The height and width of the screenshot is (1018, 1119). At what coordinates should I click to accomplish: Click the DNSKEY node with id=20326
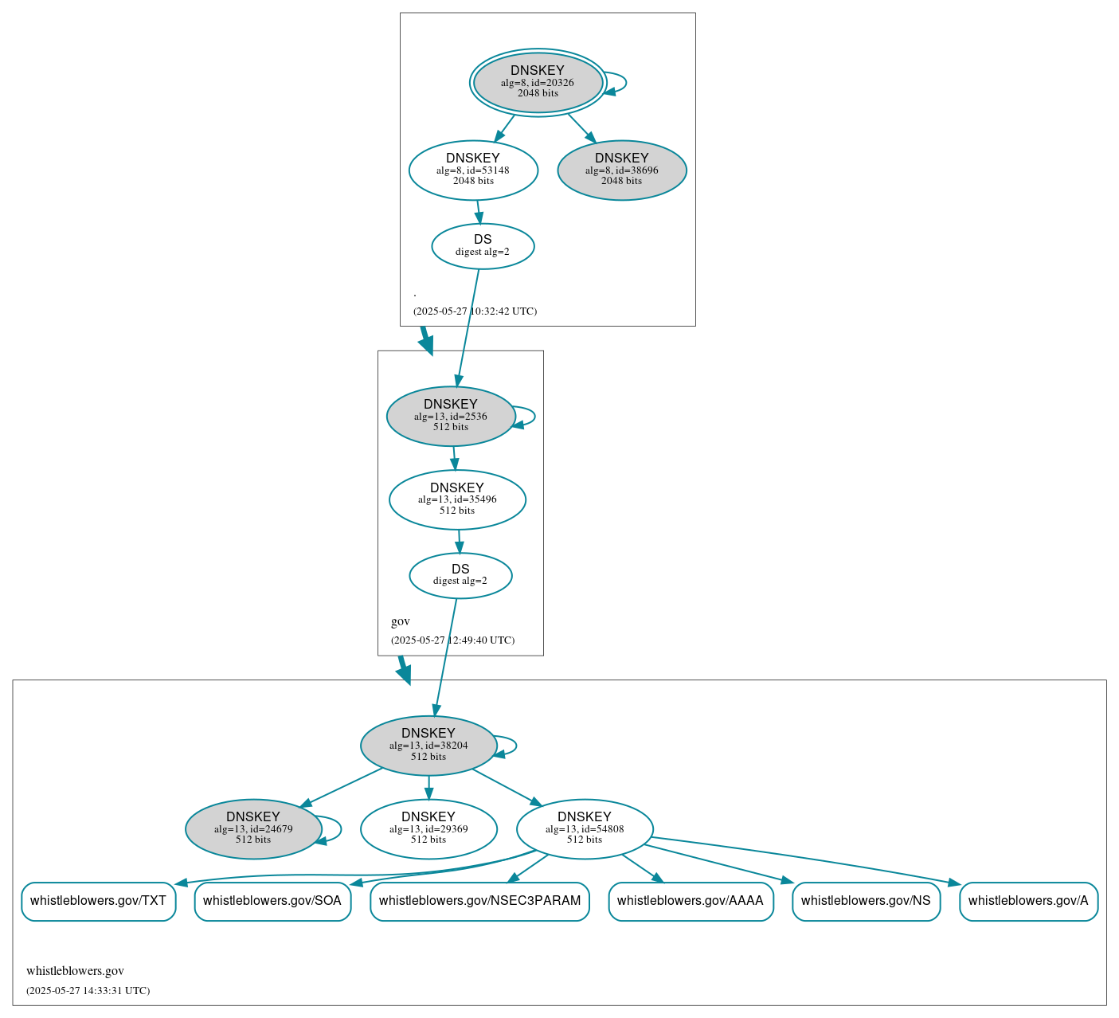click(538, 82)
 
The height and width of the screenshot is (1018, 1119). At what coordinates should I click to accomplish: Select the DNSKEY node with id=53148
click(473, 170)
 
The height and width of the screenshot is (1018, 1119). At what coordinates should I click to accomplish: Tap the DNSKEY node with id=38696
click(622, 170)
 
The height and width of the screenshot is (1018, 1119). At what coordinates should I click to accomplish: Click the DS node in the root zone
click(483, 246)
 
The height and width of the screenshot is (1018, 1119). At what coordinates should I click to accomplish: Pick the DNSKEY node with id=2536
click(451, 416)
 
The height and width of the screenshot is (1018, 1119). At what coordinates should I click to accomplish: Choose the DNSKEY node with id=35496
click(457, 499)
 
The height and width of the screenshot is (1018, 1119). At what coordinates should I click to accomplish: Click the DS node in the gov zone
click(460, 575)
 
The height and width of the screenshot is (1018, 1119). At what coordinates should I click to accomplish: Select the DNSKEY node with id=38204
click(428, 746)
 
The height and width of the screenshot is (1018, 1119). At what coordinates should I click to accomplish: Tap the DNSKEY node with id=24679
click(253, 829)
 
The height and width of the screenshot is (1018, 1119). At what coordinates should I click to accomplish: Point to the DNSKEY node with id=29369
click(428, 829)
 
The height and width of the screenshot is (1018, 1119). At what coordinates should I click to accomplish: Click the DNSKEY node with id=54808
click(585, 829)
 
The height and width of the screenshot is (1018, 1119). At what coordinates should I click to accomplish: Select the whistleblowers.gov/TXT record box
click(98, 901)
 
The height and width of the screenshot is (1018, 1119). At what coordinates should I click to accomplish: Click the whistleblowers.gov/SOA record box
click(272, 901)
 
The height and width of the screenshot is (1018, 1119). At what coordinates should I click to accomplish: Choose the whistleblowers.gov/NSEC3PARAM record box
click(479, 901)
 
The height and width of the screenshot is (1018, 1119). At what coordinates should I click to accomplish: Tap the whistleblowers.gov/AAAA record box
click(691, 901)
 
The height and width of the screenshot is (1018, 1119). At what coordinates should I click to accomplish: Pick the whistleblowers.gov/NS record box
click(866, 901)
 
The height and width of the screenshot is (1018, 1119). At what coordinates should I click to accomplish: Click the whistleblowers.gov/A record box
click(1028, 901)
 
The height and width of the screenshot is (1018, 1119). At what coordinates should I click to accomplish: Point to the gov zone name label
click(401, 621)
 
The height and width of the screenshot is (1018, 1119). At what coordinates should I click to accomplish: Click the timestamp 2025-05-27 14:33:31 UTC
click(88, 991)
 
